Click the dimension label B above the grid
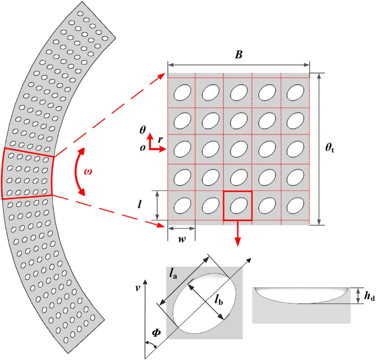click(x=238, y=55)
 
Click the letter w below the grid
click(x=181, y=240)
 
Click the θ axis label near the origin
click(x=143, y=131)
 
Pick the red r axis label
click(x=160, y=140)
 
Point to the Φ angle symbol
click(x=156, y=332)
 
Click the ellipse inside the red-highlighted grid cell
click(x=238, y=205)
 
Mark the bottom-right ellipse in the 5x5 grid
click(x=295, y=205)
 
